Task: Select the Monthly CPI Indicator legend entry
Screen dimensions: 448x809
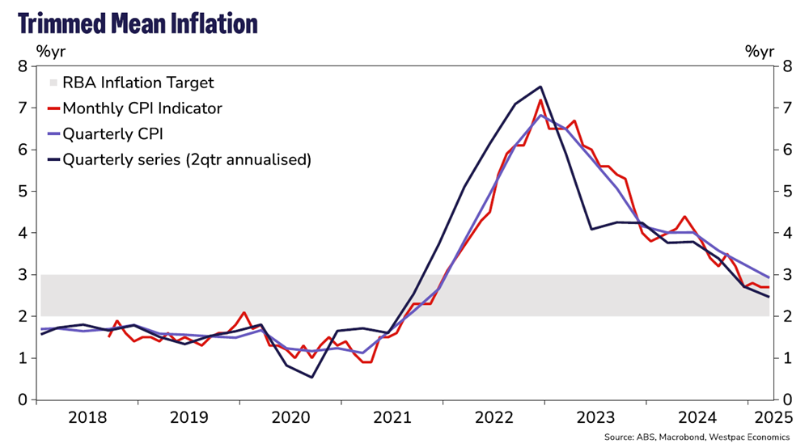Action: click(x=142, y=108)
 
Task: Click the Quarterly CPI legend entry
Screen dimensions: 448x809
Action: click(x=112, y=133)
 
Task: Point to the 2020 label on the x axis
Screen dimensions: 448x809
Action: click(x=293, y=418)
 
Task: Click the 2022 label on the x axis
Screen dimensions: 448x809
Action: click(x=497, y=418)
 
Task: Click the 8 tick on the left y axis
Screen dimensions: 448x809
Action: click(x=23, y=66)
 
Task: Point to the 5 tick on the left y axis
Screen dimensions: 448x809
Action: click(x=23, y=192)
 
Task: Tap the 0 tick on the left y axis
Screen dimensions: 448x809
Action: click(x=23, y=399)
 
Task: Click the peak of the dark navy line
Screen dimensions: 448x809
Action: click(x=540, y=87)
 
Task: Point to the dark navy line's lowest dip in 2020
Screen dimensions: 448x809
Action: click(x=312, y=377)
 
